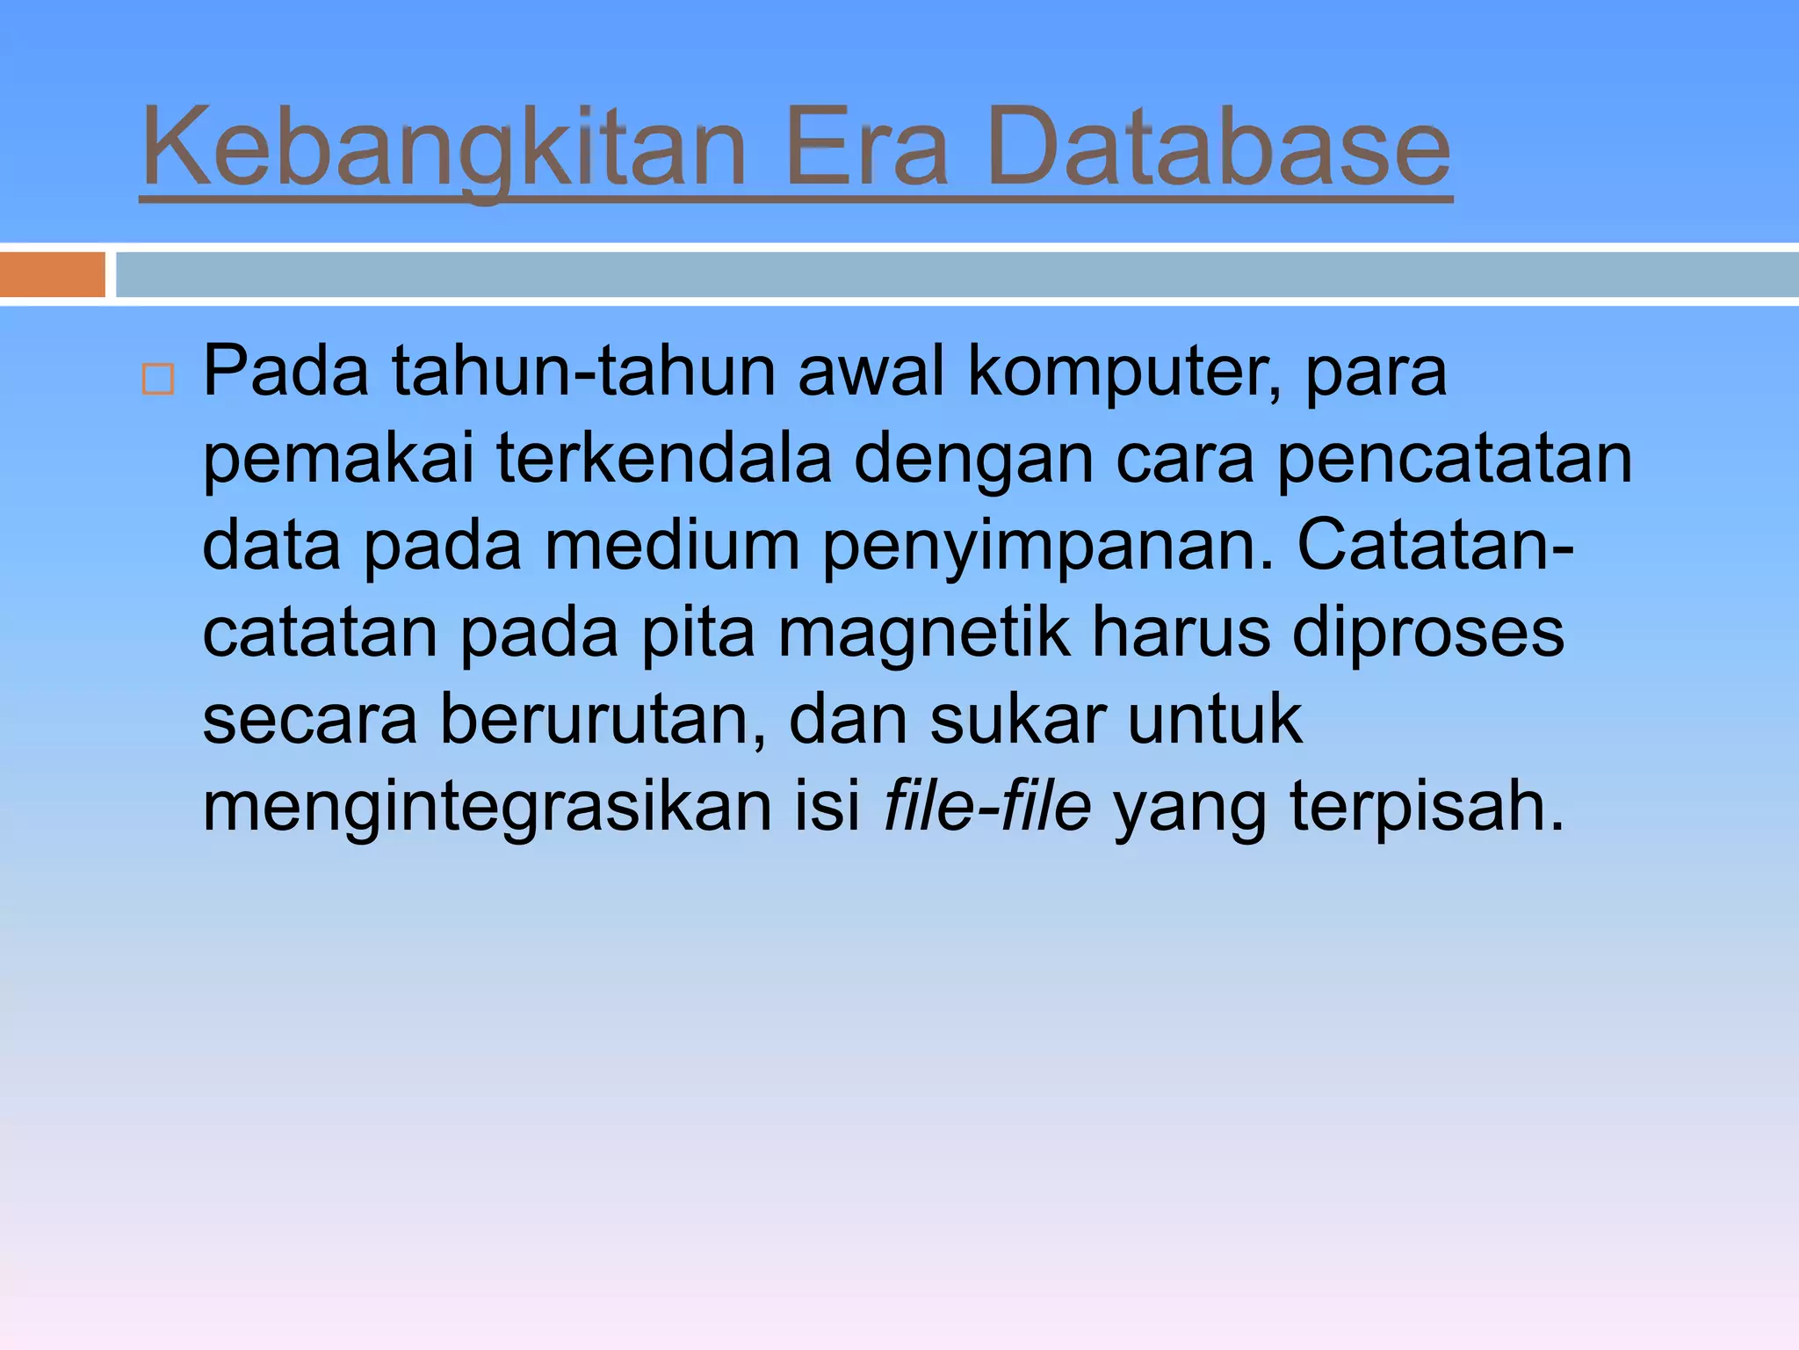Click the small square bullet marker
pyautogui.click(x=158, y=380)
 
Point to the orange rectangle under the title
pyautogui.click(x=52, y=274)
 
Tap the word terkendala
pyautogui.click(x=663, y=459)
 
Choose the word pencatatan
pyautogui.click(x=1454, y=461)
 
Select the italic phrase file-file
pyautogui.click(x=986, y=807)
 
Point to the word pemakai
pyautogui.click(x=338, y=461)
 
